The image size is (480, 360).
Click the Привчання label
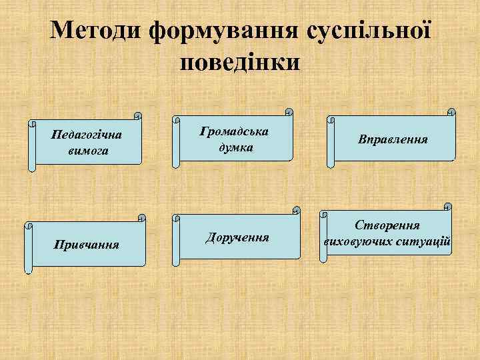[87, 245]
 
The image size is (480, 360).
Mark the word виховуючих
[355, 240]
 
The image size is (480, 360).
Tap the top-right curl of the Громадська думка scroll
[289, 111]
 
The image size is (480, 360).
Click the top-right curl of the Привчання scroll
[141, 218]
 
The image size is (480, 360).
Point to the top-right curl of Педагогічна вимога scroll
[137, 115]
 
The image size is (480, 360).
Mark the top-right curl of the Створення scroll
[448, 207]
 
